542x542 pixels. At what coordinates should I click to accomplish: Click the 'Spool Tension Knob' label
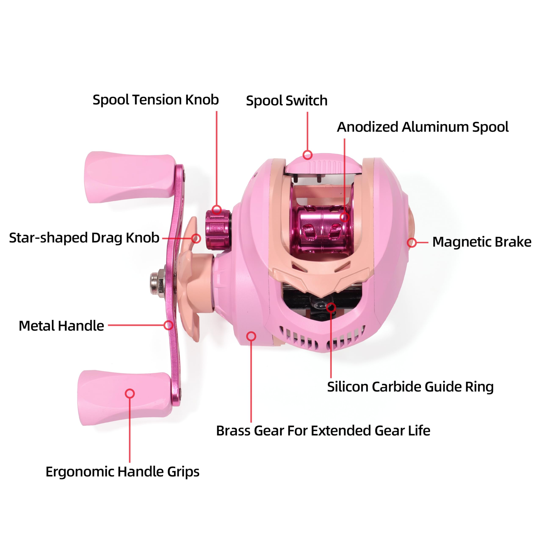coord(156,100)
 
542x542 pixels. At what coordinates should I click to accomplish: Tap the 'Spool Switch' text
coord(287,101)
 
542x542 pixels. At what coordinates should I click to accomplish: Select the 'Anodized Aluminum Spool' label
coord(423,127)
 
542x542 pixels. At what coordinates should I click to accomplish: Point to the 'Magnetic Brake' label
coord(482,242)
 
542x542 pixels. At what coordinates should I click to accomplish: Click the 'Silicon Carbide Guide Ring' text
coord(410,387)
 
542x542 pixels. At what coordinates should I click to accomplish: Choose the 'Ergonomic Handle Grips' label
coord(122,471)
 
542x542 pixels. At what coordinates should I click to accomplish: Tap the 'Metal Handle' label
coord(61,326)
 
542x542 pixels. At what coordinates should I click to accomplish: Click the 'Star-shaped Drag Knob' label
coord(84,238)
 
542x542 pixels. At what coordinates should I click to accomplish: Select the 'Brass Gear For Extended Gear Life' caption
coord(323,431)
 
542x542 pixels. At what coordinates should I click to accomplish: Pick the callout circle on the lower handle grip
coord(130,394)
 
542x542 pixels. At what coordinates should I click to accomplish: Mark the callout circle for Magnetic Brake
coord(412,243)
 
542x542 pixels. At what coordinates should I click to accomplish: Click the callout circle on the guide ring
coord(331,307)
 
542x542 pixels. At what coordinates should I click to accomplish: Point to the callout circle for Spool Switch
coord(307,155)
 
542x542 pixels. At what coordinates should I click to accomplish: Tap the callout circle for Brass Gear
coord(251,336)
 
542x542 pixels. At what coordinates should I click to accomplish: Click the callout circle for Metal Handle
coord(168,325)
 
